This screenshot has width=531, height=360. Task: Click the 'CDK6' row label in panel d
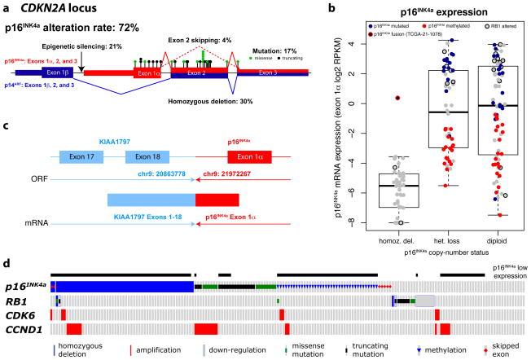18,314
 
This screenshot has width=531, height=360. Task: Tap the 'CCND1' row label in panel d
22,328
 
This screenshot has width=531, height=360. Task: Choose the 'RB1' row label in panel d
16,301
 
